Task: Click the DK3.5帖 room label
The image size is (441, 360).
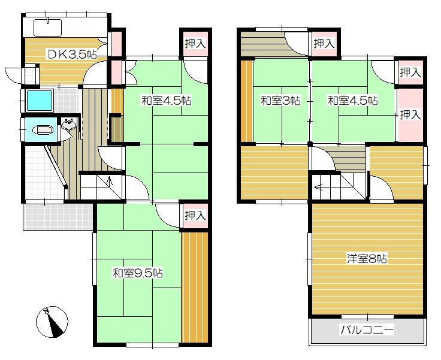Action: pos(72,55)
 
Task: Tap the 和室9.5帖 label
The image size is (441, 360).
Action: pos(138,273)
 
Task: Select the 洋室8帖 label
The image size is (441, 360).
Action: pos(367,258)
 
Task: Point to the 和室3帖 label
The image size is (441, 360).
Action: pos(280,101)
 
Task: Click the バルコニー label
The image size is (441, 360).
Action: pos(367,329)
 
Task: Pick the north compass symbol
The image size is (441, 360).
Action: pos(52,322)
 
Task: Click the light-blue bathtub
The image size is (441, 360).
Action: pos(39,101)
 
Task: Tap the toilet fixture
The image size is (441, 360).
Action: pos(43,130)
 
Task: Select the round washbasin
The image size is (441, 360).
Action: pos(69,124)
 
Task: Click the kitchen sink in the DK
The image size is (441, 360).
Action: pos(47,28)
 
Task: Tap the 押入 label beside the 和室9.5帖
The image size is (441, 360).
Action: pos(195,216)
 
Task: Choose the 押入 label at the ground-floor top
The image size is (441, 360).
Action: pos(195,44)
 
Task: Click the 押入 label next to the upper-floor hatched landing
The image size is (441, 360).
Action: pos(324,44)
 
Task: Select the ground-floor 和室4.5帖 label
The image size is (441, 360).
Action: pos(167,101)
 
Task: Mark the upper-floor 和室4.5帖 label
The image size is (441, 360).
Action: pos(353,101)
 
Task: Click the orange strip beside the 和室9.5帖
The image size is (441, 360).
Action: pos(195,287)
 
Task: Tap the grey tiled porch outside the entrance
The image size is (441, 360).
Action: pos(58,216)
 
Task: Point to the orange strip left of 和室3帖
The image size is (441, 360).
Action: pos(247,101)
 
